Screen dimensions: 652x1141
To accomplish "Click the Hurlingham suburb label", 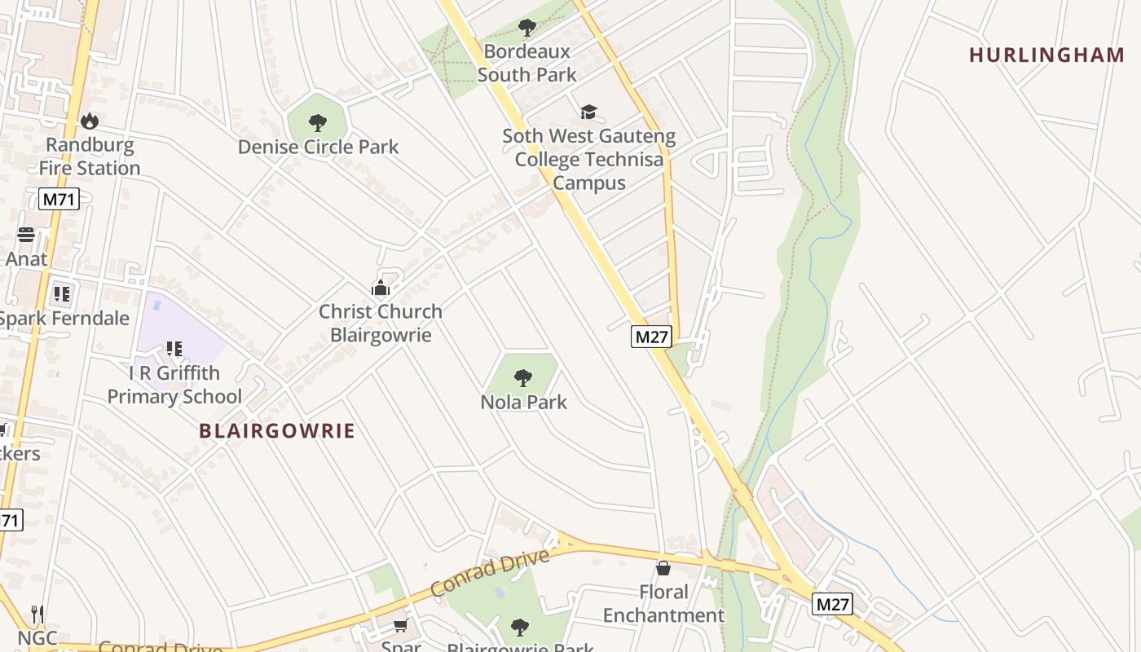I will tap(1046, 55).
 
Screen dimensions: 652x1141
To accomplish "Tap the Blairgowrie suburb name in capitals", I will tap(277, 431).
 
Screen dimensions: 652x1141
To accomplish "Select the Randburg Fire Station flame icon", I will tap(89, 121).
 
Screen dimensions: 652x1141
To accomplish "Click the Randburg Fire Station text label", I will tap(90, 156).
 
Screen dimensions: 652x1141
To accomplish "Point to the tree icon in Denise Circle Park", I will tap(318, 123).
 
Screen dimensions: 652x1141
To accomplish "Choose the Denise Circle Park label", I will tap(318, 147).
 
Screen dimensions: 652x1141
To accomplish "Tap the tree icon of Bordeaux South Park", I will tap(527, 28).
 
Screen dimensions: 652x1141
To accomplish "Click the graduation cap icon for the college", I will tap(588, 112).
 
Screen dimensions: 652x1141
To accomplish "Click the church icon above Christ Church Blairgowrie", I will tap(381, 288).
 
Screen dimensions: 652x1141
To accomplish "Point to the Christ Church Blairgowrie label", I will tap(381, 323).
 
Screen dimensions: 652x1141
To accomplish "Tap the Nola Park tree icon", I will tap(523, 378).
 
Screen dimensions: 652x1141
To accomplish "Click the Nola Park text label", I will tap(523, 402).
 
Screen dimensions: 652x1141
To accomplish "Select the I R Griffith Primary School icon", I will tap(174, 349).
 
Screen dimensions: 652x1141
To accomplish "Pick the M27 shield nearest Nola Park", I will tap(650, 336).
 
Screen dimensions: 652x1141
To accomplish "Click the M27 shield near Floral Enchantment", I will tap(832, 604).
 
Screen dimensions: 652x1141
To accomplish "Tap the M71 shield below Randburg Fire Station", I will tap(59, 199).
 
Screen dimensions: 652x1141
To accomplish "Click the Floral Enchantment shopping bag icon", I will tap(663, 567).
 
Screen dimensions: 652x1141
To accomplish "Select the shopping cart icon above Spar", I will tap(400, 625).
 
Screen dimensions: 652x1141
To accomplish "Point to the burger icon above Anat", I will tap(26, 235).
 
